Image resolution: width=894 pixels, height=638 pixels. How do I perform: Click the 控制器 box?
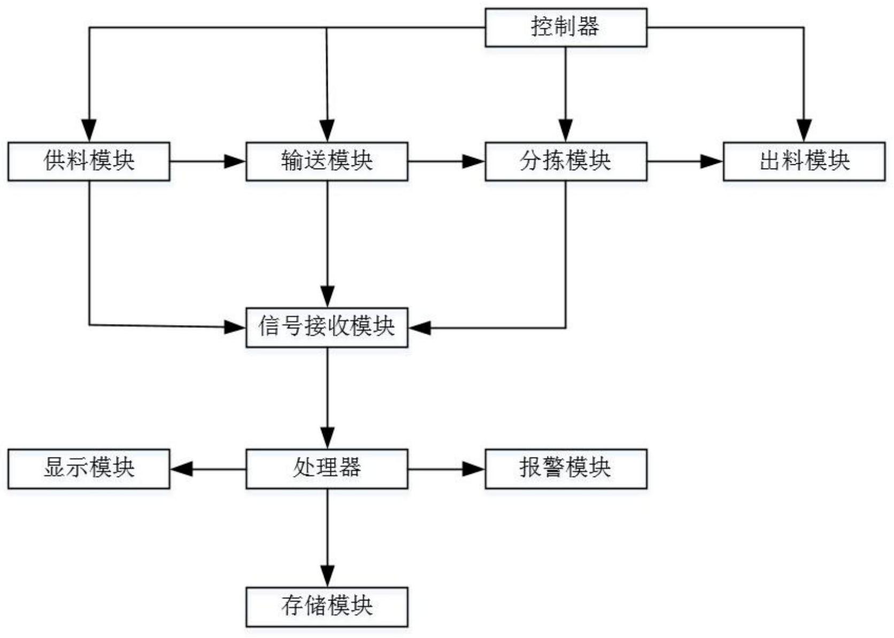click(x=565, y=27)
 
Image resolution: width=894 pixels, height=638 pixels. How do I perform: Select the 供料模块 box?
click(x=89, y=161)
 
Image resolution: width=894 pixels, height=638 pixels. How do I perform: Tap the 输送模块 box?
click(x=327, y=161)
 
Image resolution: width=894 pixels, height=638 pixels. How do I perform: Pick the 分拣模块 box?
click(x=565, y=161)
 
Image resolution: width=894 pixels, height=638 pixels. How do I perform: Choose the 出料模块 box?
click(x=804, y=161)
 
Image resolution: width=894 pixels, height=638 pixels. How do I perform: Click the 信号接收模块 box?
click(x=327, y=327)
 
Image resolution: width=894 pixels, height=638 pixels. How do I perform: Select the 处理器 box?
click(x=327, y=469)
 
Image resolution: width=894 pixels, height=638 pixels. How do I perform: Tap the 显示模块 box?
click(x=89, y=469)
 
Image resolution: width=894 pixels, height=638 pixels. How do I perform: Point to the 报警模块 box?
click(x=565, y=469)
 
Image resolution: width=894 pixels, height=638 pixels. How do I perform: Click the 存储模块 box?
click(x=327, y=607)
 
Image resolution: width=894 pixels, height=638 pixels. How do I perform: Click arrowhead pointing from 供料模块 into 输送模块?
click(x=235, y=161)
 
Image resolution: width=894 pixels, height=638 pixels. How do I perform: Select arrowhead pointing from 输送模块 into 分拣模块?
click(x=474, y=161)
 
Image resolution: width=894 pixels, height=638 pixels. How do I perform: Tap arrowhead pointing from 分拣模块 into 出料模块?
click(x=712, y=161)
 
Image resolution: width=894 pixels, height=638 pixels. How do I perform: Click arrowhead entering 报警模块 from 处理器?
click(x=474, y=469)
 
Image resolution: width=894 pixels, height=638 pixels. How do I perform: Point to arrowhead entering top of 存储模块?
click(x=327, y=576)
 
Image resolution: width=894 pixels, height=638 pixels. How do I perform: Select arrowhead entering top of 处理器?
click(x=327, y=438)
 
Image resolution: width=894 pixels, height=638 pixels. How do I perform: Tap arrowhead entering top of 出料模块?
click(x=804, y=131)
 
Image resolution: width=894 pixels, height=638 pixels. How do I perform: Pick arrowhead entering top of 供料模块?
click(x=89, y=131)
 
